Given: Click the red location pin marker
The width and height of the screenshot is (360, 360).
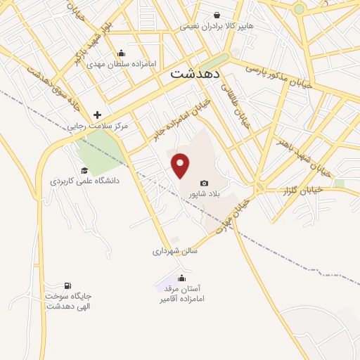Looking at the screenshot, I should [181, 165].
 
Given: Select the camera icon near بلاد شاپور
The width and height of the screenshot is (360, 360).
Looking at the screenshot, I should [205, 184].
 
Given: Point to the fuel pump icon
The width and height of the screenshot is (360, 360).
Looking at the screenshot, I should [67, 285].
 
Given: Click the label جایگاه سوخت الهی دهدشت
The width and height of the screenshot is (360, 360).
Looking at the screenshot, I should [67, 301].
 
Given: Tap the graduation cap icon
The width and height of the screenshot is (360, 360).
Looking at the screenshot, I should [84, 170].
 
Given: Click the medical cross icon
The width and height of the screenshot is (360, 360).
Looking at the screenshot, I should [97, 115].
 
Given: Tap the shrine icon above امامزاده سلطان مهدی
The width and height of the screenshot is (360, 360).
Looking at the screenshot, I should [121, 52].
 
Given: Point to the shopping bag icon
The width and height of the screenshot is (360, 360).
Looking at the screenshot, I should [217, 15].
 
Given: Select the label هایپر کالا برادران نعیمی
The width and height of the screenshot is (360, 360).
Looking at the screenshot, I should [217, 26].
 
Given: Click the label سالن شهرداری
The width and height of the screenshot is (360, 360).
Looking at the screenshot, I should [176, 250].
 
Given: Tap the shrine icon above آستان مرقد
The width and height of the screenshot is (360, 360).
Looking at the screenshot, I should [182, 278].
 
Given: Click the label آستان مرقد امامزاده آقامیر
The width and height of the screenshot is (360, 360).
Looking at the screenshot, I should [182, 294].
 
